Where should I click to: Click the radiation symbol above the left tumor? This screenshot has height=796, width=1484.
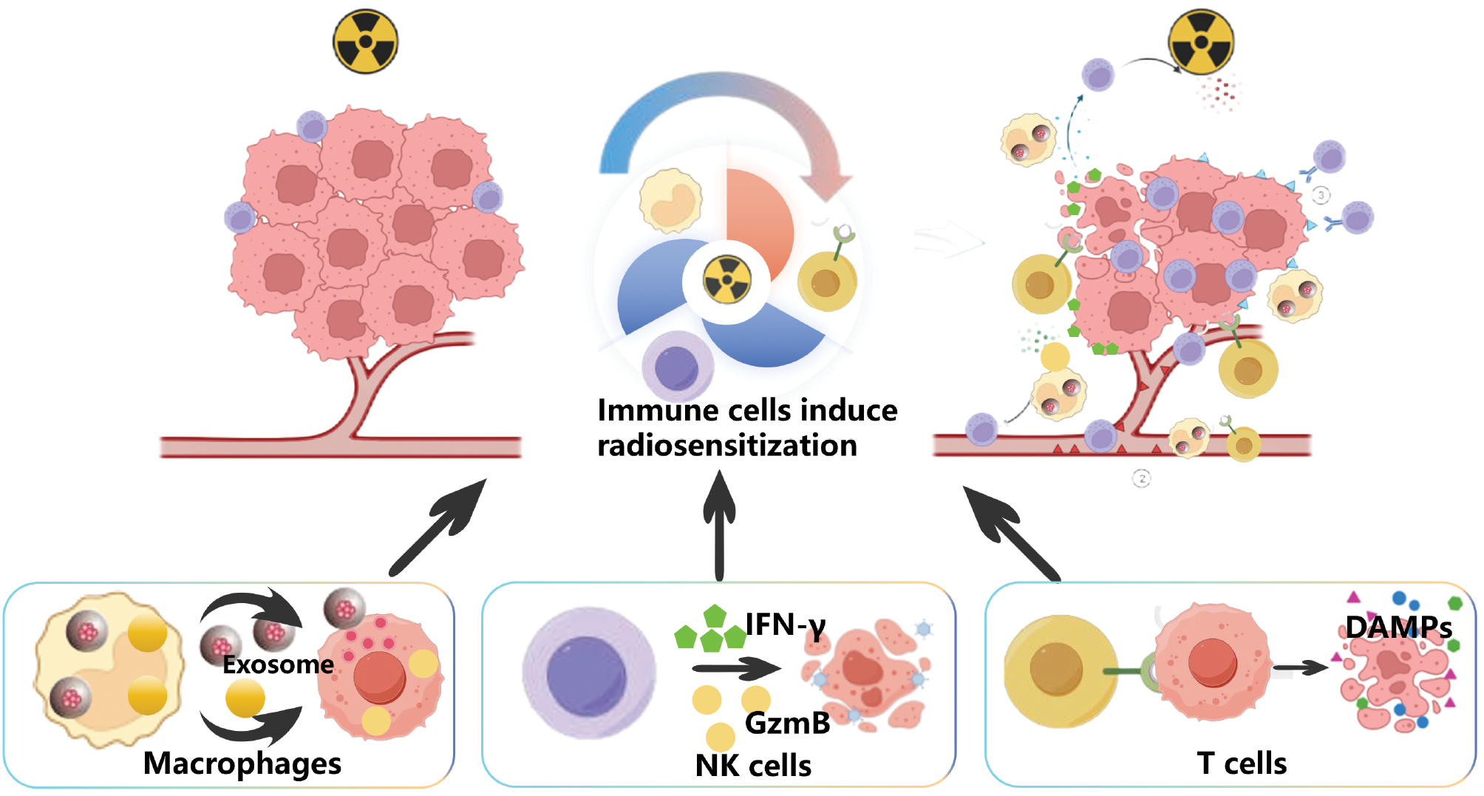(x=365, y=41)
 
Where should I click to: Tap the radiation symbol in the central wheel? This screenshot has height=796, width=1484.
(x=727, y=280)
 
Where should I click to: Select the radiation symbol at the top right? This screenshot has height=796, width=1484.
(x=1201, y=41)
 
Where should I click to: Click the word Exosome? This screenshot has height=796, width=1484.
(x=278, y=664)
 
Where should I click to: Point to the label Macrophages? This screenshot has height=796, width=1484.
(x=242, y=763)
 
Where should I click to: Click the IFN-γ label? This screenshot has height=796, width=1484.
(x=785, y=625)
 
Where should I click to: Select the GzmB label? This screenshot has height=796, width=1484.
(x=787, y=723)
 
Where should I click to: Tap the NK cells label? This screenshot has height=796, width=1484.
(x=753, y=766)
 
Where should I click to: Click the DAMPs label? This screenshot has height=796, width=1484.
(x=1398, y=627)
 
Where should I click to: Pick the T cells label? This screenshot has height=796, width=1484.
(x=1242, y=763)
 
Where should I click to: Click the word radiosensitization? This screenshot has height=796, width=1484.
(x=727, y=446)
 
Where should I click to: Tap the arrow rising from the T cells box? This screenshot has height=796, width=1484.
(x=1012, y=532)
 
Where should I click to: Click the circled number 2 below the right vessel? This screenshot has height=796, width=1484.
(x=1142, y=479)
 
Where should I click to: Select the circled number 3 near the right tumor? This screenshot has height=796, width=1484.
(x=1321, y=195)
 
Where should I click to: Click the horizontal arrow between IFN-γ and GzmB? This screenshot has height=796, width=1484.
(x=735, y=669)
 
